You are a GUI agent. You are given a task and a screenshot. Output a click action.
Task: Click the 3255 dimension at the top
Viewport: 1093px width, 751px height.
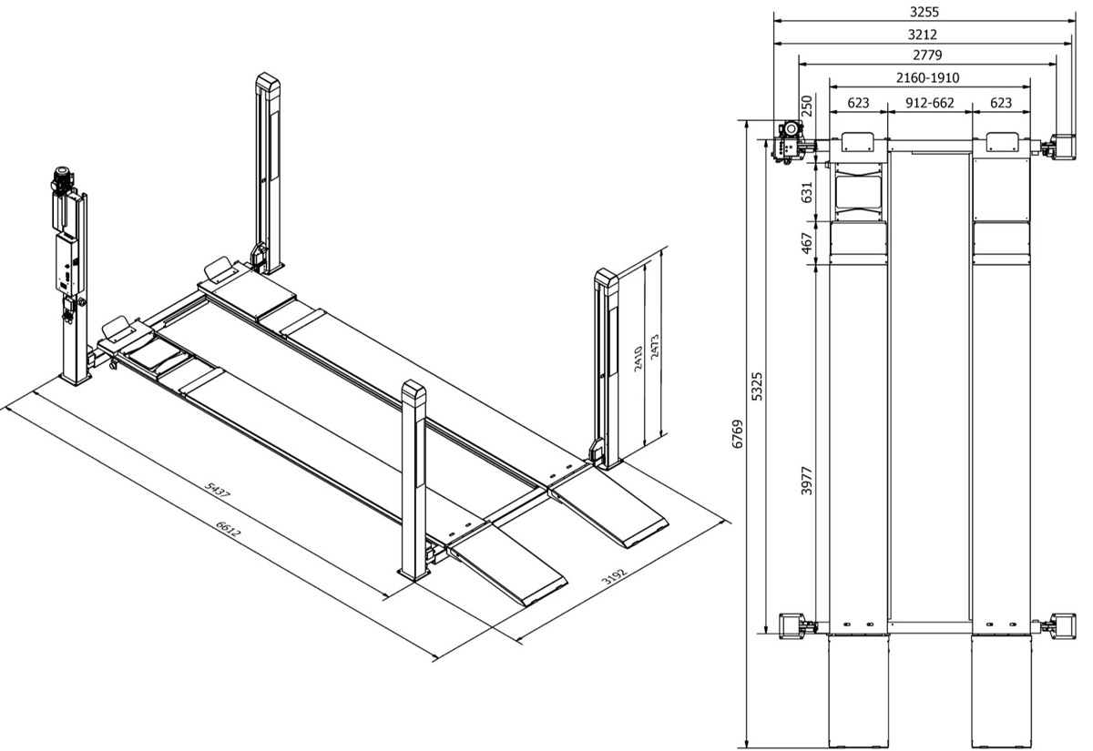click(x=924, y=13)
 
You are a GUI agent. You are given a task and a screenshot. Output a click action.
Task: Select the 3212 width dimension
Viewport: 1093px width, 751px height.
click(x=924, y=35)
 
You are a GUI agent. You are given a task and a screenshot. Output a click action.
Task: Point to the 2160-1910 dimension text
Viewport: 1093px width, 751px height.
click(x=927, y=78)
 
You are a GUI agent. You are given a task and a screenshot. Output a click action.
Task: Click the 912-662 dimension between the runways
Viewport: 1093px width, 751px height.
click(x=929, y=103)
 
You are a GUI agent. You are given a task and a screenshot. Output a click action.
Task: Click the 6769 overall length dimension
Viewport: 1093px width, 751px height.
click(x=739, y=434)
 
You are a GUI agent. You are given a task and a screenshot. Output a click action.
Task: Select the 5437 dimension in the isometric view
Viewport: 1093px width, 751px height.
click(x=219, y=491)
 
